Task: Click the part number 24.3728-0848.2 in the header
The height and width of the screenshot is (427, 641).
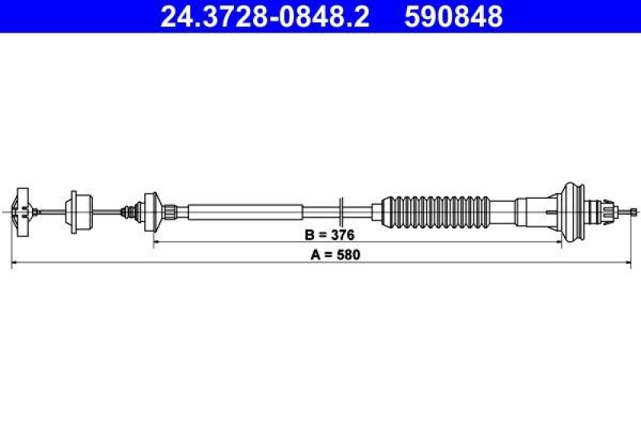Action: (x=264, y=17)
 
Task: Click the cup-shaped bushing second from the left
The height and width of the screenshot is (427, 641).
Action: (x=78, y=211)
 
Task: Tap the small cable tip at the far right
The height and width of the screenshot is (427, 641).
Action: (x=634, y=211)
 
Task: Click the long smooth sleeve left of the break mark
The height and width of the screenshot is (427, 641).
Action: (x=246, y=211)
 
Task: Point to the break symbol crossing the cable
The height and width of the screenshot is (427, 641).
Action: (x=341, y=211)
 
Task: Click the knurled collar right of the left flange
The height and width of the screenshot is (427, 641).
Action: (x=169, y=211)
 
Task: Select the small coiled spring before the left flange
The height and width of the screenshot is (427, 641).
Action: (x=127, y=211)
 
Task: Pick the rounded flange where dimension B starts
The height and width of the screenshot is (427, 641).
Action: (x=151, y=211)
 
